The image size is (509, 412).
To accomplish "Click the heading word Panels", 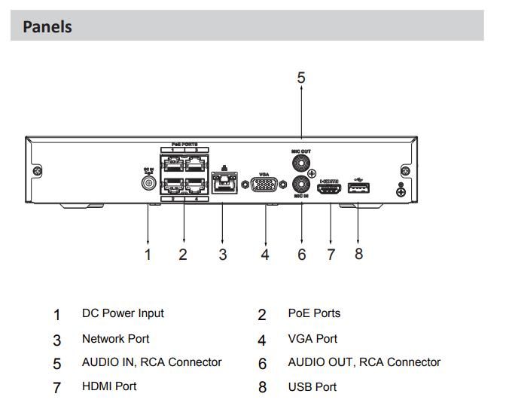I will [47, 27].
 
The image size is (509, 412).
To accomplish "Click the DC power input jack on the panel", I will [148, 182].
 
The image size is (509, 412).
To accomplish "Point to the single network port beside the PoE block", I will [222, 183].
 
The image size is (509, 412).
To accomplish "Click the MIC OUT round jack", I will [302, 161].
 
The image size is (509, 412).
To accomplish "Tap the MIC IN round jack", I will [302, 184].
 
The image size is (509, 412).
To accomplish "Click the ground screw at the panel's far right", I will [401, 192].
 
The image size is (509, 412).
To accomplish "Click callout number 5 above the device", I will [301, 78].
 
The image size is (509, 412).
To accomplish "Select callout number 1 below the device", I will [148, 255].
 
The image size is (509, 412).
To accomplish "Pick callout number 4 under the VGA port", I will [264, 255].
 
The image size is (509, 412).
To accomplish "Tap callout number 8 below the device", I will [358, 254].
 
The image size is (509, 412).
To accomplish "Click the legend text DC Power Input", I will [123, 313].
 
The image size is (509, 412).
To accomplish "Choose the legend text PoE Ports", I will [314, 313].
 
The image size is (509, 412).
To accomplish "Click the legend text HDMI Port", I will [109, 386].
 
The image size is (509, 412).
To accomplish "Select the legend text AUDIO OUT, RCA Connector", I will [364, 362].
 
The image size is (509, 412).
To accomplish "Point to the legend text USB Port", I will [312, 387].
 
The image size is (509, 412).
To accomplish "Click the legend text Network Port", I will [115, 339].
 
